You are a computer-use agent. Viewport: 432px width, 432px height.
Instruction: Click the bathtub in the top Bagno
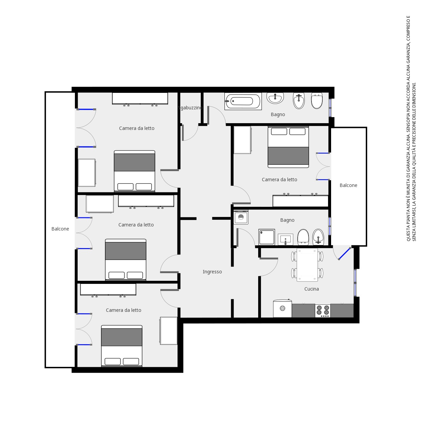pyautogui.click(x=243, y=101)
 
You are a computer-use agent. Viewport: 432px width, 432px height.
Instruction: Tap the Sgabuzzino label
pyautogui.click(x=190, y=108)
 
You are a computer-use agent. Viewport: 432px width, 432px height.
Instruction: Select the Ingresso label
pyautogui.click(x=212, y=272)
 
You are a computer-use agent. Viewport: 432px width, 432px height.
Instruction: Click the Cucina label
pyautogui.click(x=312, y=289)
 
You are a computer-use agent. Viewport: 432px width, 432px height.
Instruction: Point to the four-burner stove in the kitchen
pyautogui.click(x=323, y=311)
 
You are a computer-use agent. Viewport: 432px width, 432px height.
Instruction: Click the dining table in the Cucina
pyautogui.click(x=307, y=265)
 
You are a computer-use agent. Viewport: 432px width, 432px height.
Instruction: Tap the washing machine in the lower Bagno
pyautogui.click(x=241, y=217)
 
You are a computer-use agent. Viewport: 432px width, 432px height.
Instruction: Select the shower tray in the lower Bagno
pyautogui.click(x=267, y=237)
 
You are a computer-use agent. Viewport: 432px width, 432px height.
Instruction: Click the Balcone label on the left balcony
pyautogui.click(x=60, y=229)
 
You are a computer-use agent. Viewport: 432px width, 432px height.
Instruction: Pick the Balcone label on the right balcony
pyautogui.click(x=348, y=185)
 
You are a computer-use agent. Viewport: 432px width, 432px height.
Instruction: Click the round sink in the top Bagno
pyautogui.click(x=275, y=98)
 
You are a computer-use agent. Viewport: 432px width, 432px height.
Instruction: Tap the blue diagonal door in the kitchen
pyautogui.click(x=345, y=253)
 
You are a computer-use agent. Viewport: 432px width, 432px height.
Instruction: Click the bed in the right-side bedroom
pyautogui.click(x=288, y=147)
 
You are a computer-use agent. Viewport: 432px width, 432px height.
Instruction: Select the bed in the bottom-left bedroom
pyautogui.click(x=122, y=346)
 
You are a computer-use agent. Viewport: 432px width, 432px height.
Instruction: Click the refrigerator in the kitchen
pyautogui.click(x=282, y=308)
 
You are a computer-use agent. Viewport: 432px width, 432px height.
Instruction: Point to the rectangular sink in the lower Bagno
pyautogui.click(x=286, y=239)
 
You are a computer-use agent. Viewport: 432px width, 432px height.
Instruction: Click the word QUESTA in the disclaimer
pyautogui.click(x=408, y=233)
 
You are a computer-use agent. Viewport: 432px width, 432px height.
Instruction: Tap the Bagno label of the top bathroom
pyautogui.click(x=278, y=114)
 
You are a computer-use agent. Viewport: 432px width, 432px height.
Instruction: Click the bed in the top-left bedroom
pyautogui.click(x=134, y=171)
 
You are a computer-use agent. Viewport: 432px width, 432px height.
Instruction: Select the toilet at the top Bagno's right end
pyautogui.click(x=317, y=101)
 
